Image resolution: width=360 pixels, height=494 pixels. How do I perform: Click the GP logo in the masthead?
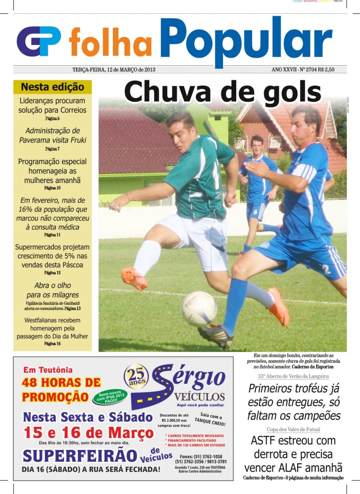click(39, 41)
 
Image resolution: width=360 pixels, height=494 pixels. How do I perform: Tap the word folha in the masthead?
click(111, 42)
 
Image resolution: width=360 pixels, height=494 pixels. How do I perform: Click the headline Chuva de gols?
click(223, 91)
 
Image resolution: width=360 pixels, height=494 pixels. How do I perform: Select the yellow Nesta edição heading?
click(52, 87)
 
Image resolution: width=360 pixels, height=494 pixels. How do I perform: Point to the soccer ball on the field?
click(199, 309)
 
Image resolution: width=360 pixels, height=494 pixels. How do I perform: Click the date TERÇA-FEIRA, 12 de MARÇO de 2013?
click(114, 69)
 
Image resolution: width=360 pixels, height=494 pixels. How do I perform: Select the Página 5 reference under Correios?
click(52, 119)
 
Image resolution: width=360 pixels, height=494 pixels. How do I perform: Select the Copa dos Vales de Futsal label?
click(293, 429)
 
